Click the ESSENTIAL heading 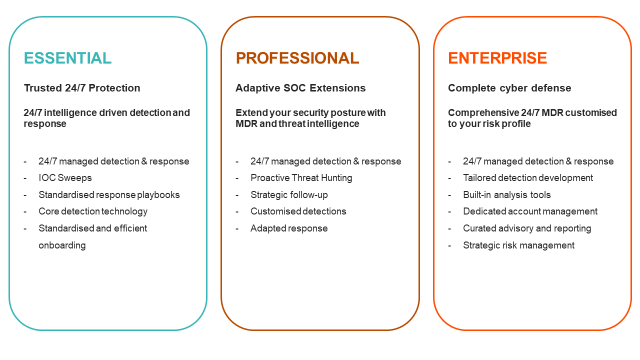pos(67,58)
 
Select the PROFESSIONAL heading pos(297,58)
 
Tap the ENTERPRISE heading pos(497,58)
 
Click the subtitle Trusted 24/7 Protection pos(82,88)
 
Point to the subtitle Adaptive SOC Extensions pos(300,88)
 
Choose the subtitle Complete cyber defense pos(509,88)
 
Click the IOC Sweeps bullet pos(65,178)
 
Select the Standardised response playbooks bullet pos(109,195)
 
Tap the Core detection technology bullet pos(93,211)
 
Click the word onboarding pos(62,245)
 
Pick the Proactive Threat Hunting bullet pos(301,178)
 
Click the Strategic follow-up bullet pos(289,195)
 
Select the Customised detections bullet pos(298,211)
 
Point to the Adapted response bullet pos(289,228)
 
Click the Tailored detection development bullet pos(528,178)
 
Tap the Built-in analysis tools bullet pos(507,195)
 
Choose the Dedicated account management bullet pos(530,211)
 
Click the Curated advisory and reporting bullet pos(527,228)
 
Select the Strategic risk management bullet pos(518,245)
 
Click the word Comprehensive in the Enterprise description pos(483,113)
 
